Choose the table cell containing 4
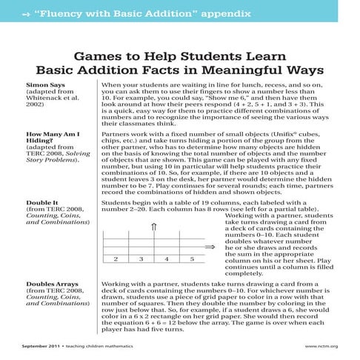(x=167, y=259)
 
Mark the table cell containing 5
(x=192, y=259)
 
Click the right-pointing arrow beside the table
(x=210, y=249)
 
